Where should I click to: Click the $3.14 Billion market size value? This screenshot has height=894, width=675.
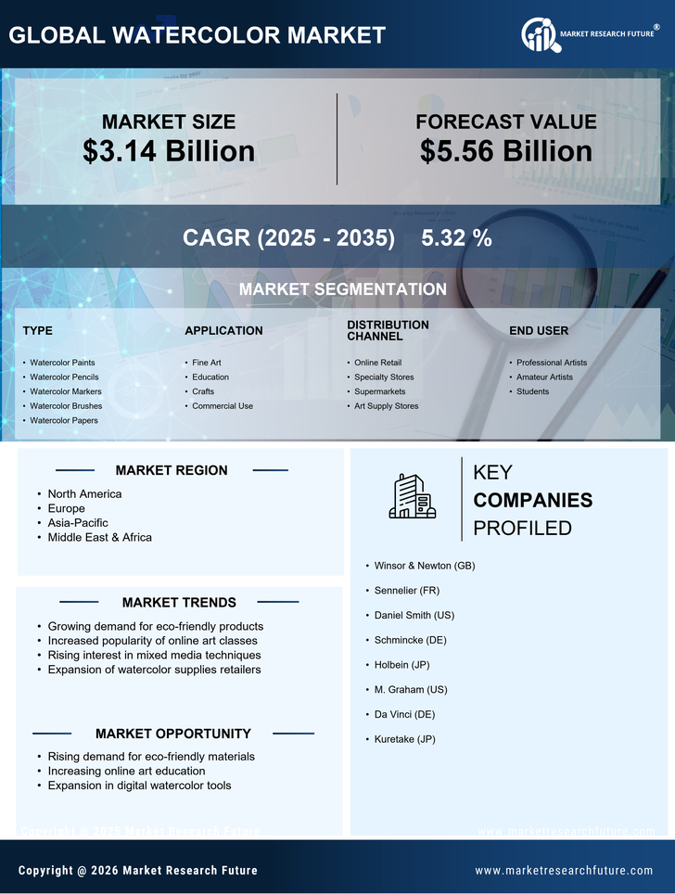pyautogui.click(x=169, y=151)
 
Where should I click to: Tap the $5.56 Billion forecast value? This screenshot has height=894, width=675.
pyautogui.click(x=505, y=151)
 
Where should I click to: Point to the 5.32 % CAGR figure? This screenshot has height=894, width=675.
pyautogui.click(x=456, y=237)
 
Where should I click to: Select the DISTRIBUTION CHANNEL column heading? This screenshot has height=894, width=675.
pyautogui.click(x=388, y=330)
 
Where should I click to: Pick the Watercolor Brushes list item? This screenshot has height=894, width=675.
pyautogui.click(x=66, y=406)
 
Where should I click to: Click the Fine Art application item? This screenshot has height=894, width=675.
pyautogui.click(x=206, y=363)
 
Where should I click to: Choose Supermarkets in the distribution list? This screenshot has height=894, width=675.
pyautogui.click(x=379, y=391)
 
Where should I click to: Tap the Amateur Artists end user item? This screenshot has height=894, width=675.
pyautogui.click(x=544, y=377)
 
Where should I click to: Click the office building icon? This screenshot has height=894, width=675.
pyautogui.click(x=413, y=496)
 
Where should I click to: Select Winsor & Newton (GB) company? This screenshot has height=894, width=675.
pyautogui.click(x=425, y=566)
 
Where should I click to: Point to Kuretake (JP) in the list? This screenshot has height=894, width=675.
pyautogui.click(x=404, y=739)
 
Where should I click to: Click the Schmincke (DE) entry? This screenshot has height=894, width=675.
pyautogui.click(x=410, y=640)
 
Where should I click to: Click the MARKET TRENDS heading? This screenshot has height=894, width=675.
pyautogui.click(x=179, y=603)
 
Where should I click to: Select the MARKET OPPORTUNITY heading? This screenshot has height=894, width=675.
pyautogui.click(x=173, y=734)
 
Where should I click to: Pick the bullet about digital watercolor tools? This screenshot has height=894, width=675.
pyautogui.click(x=139, y=785)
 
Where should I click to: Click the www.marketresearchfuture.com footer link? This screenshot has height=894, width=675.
pyautogui.click(x=564, y=871)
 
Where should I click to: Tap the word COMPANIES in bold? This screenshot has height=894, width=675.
pyautogui.click(x=532, y=501)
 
